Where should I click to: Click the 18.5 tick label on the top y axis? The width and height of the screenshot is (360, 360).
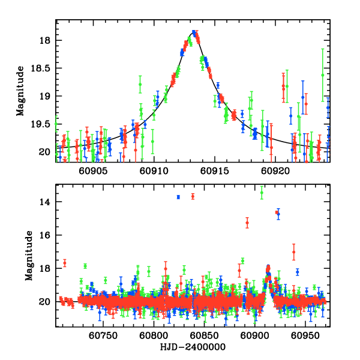click(43, 68)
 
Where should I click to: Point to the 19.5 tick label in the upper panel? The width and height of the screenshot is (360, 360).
click(43, 124)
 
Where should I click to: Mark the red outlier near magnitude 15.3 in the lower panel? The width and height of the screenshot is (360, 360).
click(247, 223)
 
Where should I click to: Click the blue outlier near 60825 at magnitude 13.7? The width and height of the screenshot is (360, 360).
click(178, 197)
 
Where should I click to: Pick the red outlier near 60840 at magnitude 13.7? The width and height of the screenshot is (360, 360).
click(193, 196)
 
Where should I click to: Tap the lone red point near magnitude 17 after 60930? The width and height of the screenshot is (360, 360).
click(294, 252)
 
